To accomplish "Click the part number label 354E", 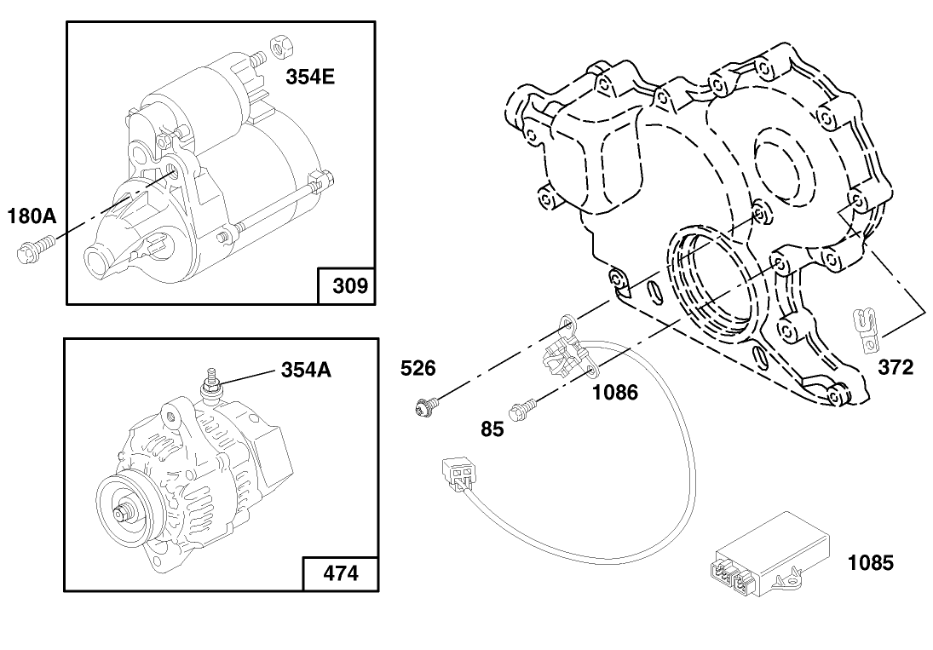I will coord(310,77).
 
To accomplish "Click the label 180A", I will coord(32,216).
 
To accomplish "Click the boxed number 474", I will coord(341,573).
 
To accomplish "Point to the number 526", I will coord(418,368).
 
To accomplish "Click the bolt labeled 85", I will coord(521,410).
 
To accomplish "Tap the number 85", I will coord(492,429).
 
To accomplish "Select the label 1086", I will coord(614,392).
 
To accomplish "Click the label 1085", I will coord(870,563).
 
